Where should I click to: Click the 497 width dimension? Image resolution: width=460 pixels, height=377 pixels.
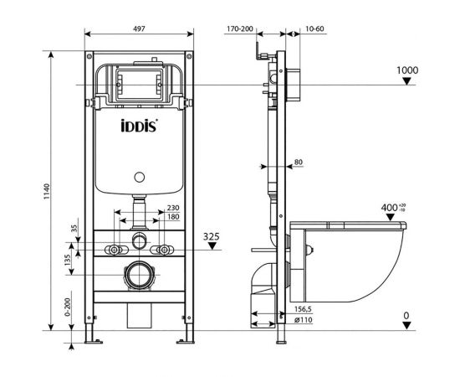(141, 28)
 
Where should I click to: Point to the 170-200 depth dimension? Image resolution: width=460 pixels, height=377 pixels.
(239, 28)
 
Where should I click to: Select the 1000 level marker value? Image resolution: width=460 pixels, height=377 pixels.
(406, 70)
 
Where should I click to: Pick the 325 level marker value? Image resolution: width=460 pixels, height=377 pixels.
(212, 237)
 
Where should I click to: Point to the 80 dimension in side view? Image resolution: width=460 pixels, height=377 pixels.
(299, 163)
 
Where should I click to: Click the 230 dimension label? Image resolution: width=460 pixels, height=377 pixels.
(173, 208)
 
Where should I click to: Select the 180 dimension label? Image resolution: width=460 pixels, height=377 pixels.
(173, 217)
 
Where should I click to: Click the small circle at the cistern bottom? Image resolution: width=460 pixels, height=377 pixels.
(140, 178)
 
